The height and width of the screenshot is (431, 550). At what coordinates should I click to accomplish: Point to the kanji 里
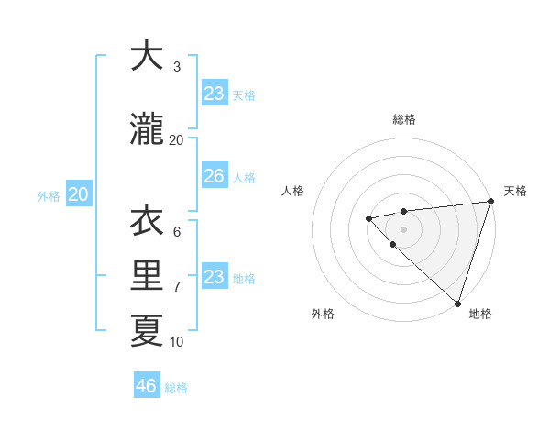tap(147, 275)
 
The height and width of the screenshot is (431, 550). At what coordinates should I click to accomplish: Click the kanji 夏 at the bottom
tap(147, 330)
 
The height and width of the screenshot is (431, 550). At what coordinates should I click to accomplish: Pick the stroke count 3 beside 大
tap(177, 67)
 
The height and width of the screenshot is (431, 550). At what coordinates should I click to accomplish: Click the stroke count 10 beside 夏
tap(176, 342)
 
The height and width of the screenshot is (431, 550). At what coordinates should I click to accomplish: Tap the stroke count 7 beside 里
tap(177, 287)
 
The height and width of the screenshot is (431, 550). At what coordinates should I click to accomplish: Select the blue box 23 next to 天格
tap(214, 93)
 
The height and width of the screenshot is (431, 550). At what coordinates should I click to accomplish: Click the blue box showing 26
tap(214, 176)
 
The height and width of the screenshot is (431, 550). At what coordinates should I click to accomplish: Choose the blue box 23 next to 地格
tap(214, 276)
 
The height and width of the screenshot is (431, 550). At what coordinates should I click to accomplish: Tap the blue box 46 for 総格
tap(147, 385)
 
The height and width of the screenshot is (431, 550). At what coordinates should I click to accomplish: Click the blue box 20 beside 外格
tap(79, 194)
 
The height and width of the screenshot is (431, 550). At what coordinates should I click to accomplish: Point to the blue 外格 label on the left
tap(49, 195)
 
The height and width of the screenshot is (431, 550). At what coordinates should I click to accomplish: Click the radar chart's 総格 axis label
tap(403, 119)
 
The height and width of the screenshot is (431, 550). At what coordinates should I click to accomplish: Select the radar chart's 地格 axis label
tap(480, 314)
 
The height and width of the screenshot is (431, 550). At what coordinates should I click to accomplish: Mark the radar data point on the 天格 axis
tap(490, 202)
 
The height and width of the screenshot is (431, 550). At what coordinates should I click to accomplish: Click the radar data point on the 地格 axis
tap(457, 303)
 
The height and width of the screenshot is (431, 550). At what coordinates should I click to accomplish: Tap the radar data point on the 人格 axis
tap(368, 218)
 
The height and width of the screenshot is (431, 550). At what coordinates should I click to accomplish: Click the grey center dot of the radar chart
tap(403, 229)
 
